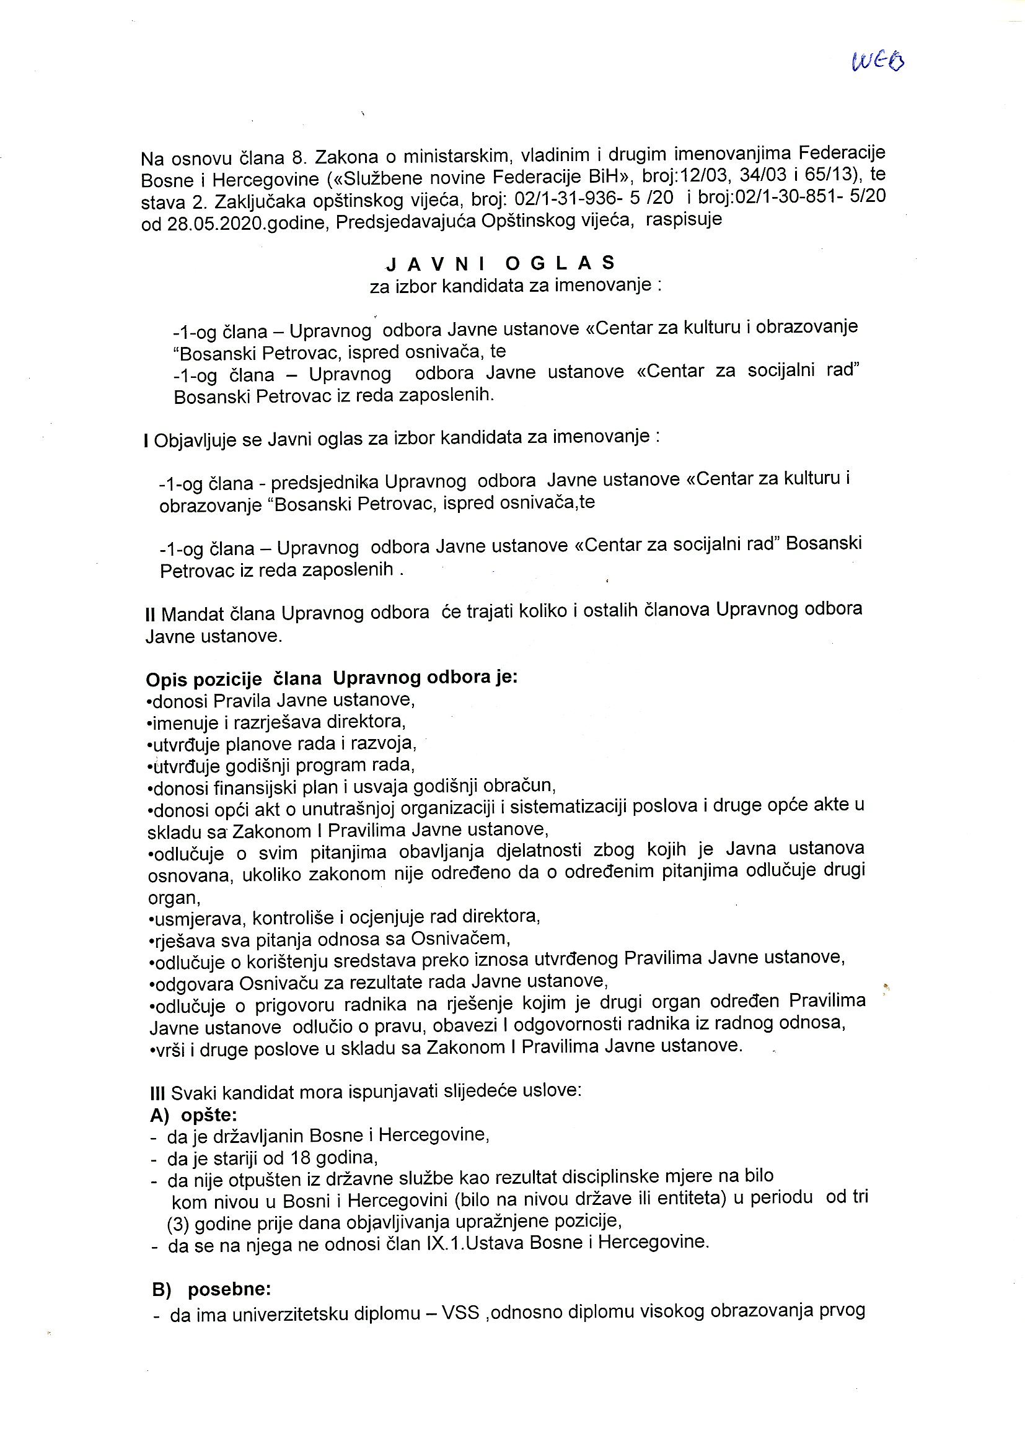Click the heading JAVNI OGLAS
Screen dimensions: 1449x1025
coord(501,263)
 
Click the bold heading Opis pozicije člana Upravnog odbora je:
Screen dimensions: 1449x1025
coord(332,678)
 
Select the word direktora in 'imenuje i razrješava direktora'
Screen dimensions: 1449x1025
coord(367,721)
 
